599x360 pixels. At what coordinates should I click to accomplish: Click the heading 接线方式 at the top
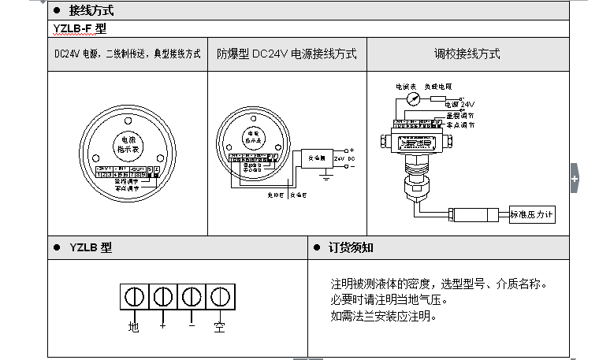92,11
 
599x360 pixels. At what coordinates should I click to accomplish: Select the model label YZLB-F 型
79,29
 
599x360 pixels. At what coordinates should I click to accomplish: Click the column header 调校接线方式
467,54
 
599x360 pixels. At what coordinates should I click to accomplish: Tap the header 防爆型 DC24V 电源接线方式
287,54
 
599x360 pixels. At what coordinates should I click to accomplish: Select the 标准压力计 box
532,213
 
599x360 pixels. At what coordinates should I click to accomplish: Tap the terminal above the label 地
133,298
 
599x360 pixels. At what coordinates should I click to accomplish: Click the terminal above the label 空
220,298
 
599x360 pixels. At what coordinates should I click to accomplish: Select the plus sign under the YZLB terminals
162,325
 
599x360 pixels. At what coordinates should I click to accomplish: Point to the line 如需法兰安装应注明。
383,317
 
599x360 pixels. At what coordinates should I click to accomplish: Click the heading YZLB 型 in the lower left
90,247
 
